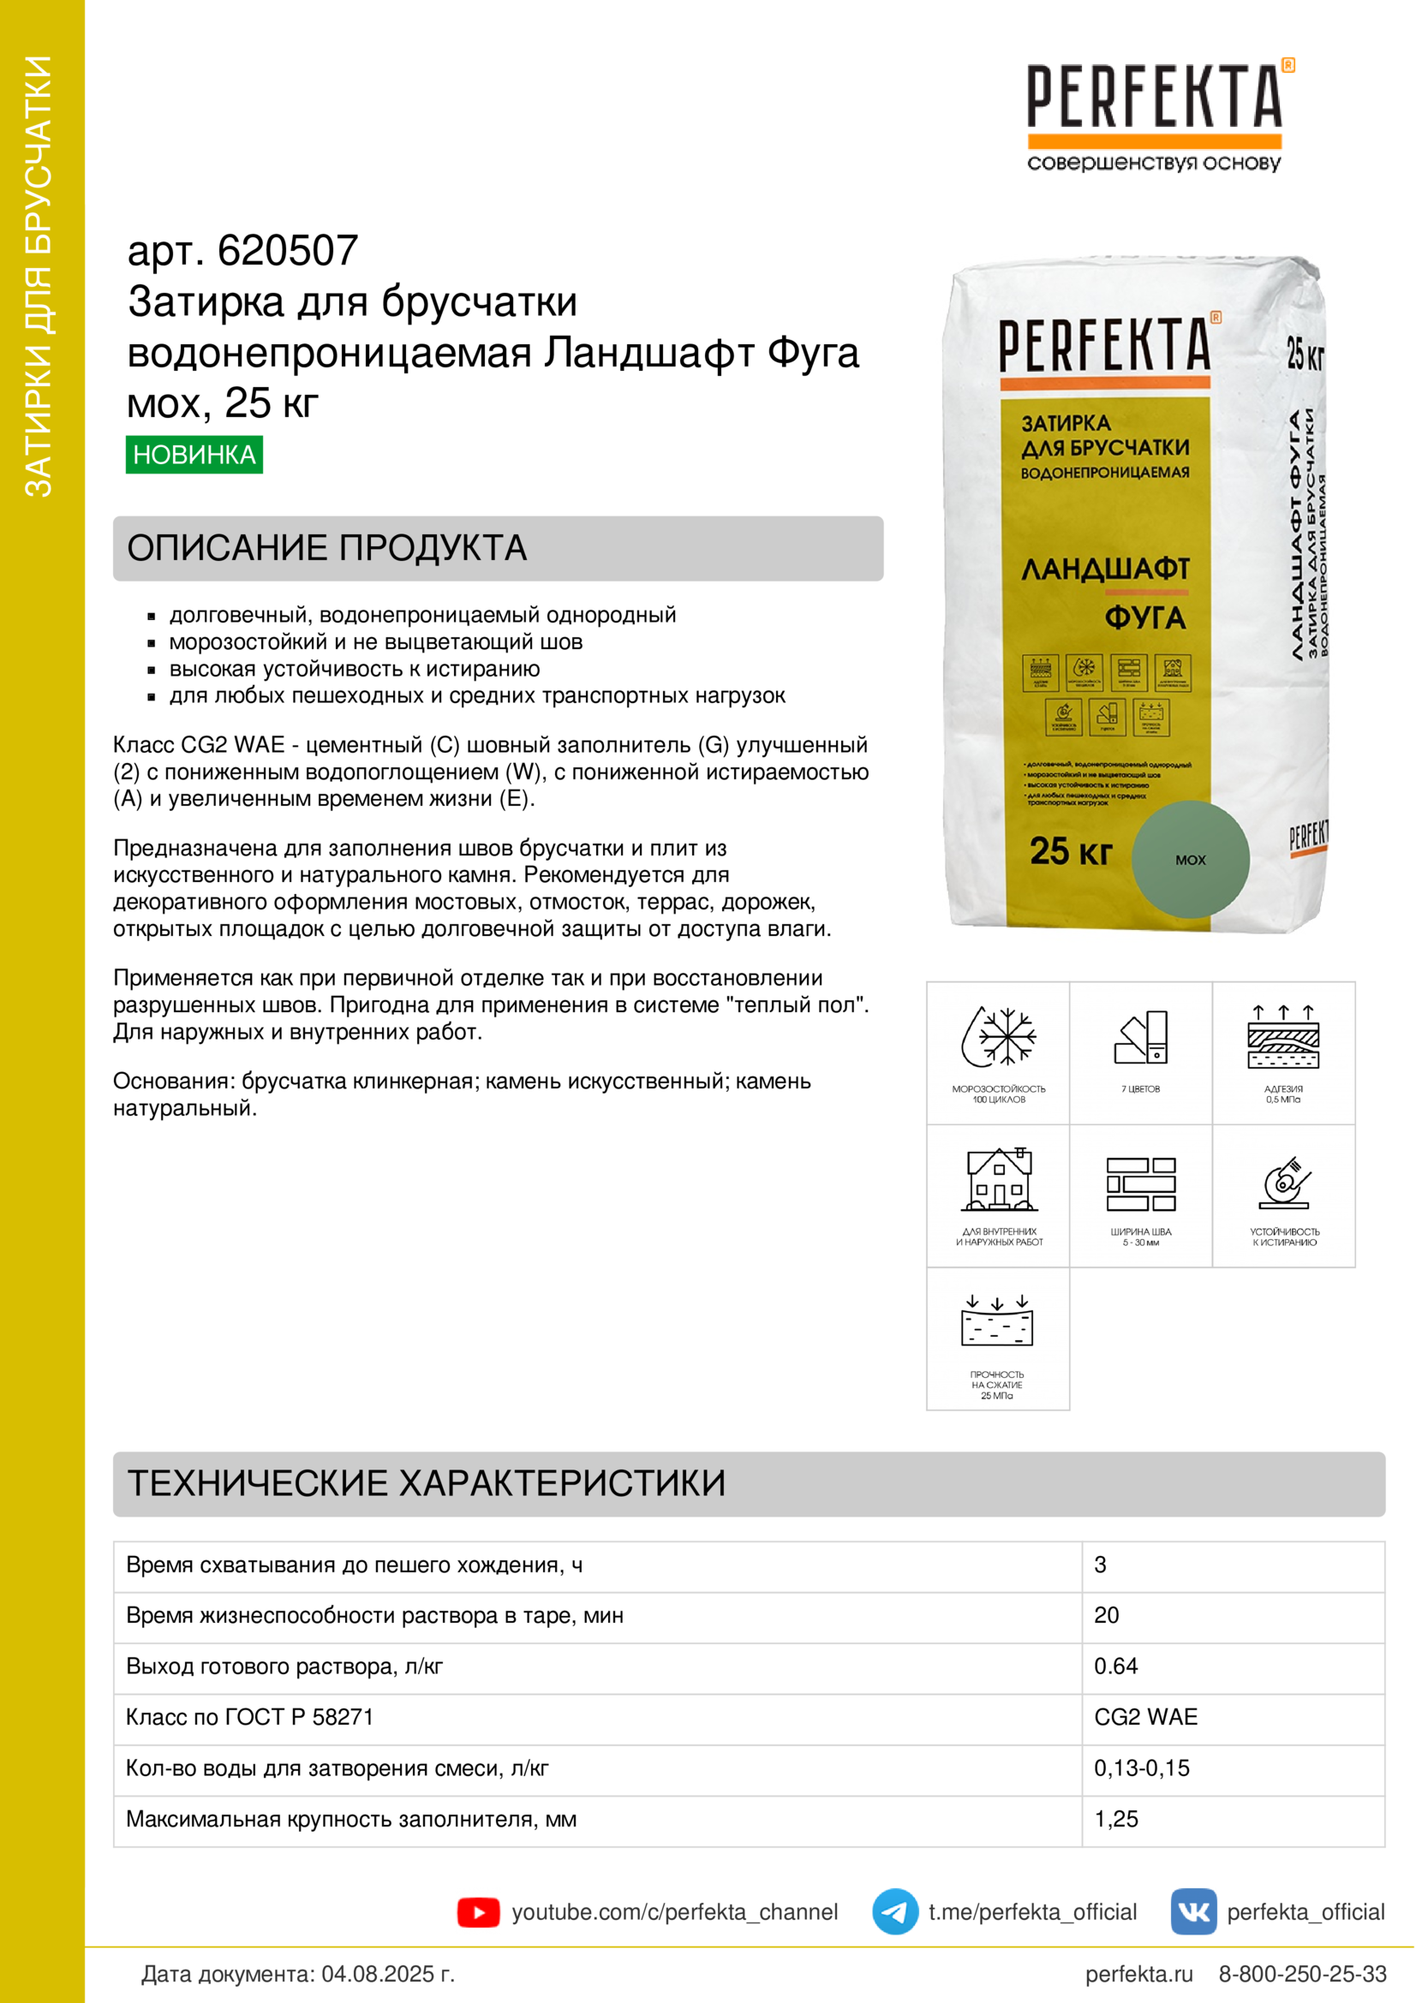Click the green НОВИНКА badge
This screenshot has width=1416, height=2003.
click(x=194, y=455)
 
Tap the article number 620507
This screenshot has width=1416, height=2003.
click(x=287, y=251)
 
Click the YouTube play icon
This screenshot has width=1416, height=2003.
click(x=478, y=1912)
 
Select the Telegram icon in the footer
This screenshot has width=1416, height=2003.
click(x=894, y=1911)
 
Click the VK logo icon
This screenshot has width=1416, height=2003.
click(x=1192, y=1911)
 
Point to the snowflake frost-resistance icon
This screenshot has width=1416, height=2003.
click(x=998, y=1036)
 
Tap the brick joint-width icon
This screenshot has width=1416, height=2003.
click(x=1140, y=1183)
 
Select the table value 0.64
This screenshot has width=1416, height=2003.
click(x=1116, y=1666)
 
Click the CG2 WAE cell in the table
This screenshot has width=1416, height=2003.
click(x=1145, y=1717)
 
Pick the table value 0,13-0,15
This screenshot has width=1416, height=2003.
click(x=1141, y=1768)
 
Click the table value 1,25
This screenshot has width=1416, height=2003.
click(x=1116, y=1819)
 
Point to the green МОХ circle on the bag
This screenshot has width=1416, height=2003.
click(x=1190, y=859)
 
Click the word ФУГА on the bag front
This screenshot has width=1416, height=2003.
click(x=1144, y=617)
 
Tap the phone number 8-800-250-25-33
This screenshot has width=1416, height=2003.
click(x=1302, y=1973)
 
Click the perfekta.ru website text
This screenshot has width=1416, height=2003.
click(x=1138, y=1973)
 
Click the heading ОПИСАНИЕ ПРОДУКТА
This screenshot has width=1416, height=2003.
click(x=327, y=548)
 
